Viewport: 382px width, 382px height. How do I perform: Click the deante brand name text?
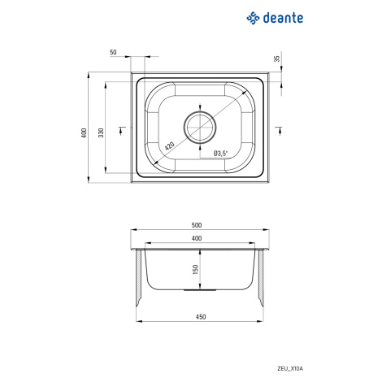283,18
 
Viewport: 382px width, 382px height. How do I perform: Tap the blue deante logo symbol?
253,18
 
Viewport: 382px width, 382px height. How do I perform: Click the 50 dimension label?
113,52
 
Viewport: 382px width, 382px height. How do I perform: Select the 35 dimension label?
277,59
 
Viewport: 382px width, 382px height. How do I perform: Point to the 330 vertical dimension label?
101,132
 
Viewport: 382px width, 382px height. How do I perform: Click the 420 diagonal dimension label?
170,145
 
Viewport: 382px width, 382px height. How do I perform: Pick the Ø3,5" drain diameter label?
221,154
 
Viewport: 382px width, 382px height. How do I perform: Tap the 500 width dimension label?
197,225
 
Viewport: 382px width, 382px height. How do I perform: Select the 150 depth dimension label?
195,269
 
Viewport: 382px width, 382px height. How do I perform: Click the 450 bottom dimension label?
201,317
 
